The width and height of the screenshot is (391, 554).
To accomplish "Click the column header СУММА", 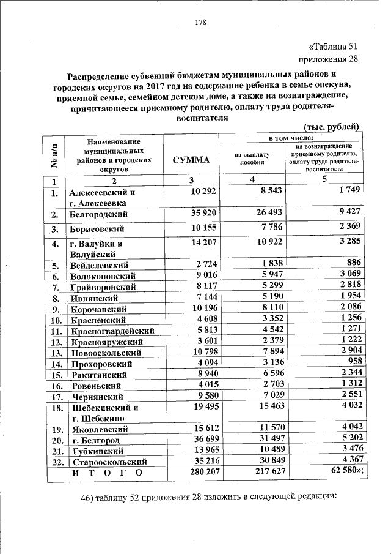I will coord(191,160).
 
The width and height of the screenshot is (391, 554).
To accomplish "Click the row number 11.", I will coord(56,331).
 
